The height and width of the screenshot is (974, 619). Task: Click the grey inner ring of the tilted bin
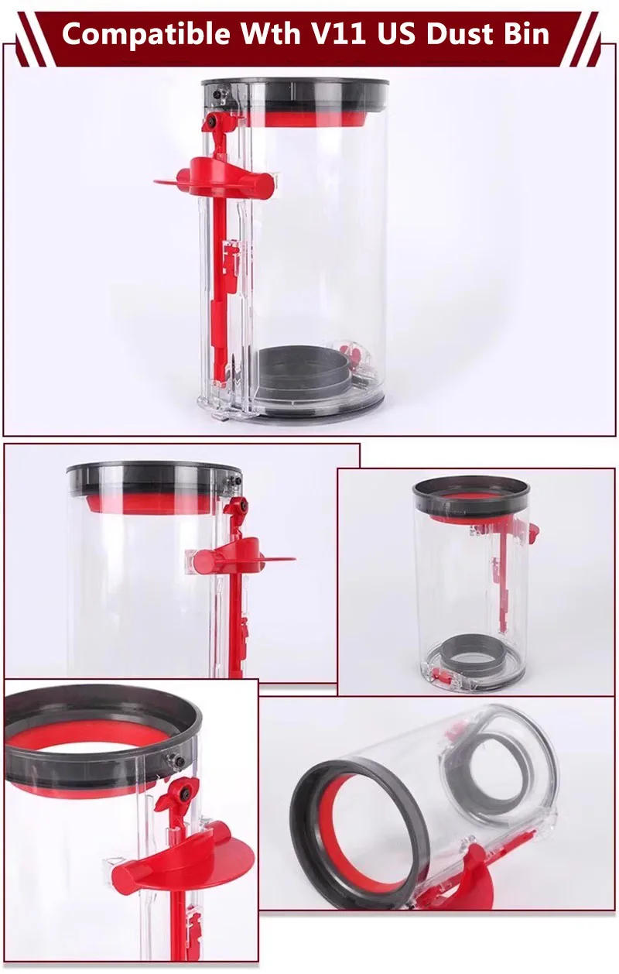[499, 767]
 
